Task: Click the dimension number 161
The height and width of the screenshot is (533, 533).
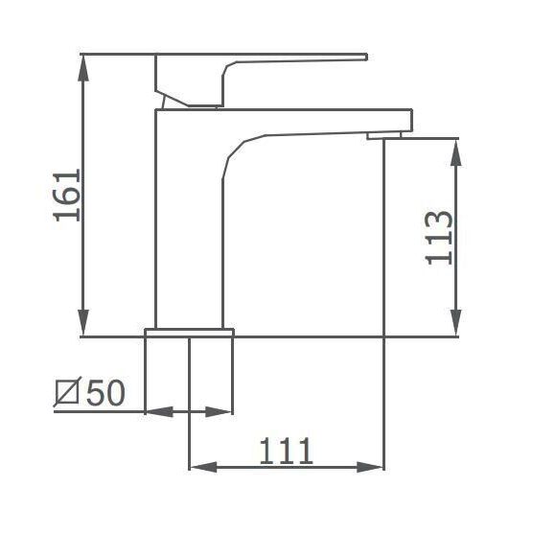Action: [67, 196]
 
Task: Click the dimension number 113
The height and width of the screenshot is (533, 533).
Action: [439, 238]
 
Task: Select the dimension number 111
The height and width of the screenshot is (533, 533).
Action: [286, 452]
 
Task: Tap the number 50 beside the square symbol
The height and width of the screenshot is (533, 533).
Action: [105, 392]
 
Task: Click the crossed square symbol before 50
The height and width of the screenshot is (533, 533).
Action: [67, 392]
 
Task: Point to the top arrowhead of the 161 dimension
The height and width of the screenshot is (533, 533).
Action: [83, 68]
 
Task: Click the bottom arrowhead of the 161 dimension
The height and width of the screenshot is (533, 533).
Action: [83, 323]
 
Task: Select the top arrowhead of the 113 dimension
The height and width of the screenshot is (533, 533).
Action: [456, 152]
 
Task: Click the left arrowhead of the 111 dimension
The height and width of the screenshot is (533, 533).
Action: [203, 467]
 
